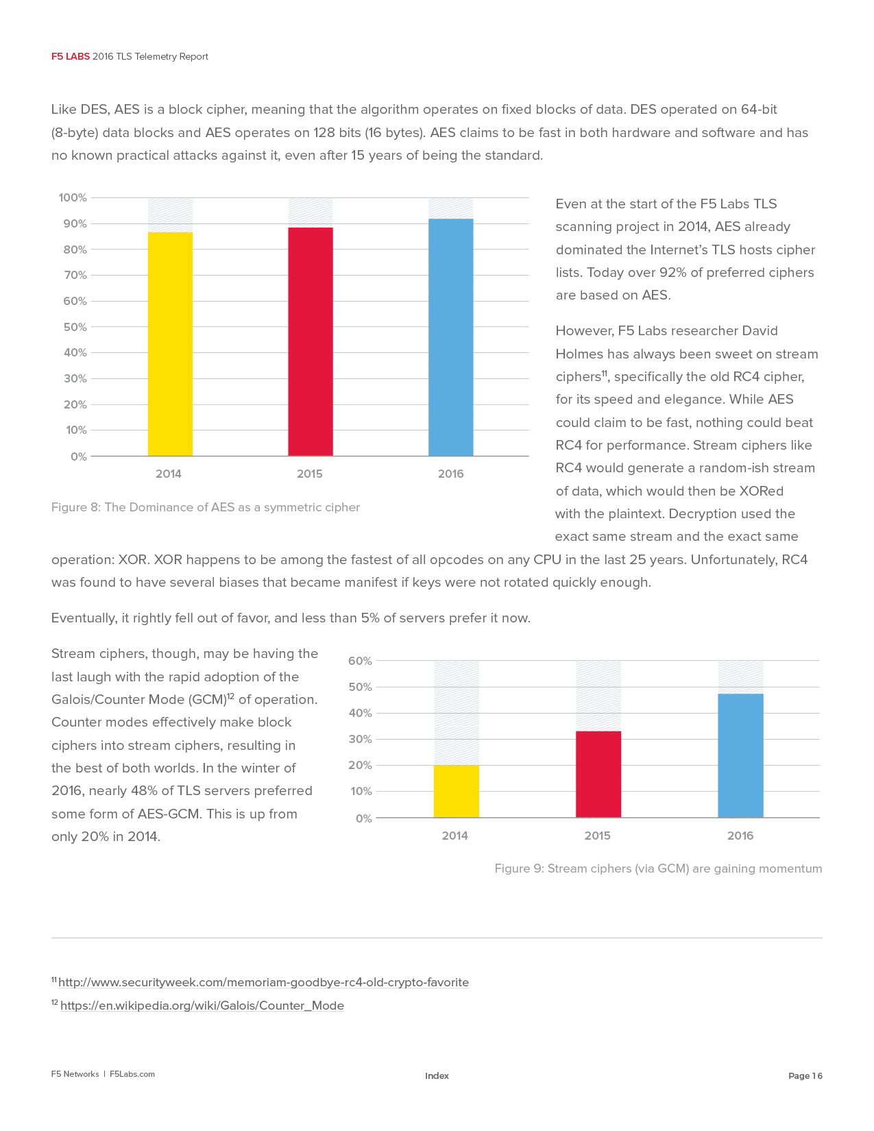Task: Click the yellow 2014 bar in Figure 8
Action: pos(170,344)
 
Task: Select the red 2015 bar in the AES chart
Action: pos(310,341)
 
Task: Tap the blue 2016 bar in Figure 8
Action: pos(450,337)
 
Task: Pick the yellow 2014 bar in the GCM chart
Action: pos(456,791)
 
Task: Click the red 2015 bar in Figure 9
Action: pos(598,774)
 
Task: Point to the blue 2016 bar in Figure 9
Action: pos(740,755)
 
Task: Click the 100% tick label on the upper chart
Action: pos(73,198)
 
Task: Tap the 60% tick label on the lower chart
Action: pos(360,661)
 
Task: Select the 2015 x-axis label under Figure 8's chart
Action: pos(309,474)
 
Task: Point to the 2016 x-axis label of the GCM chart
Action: pos(740,836)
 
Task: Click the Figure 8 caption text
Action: pos(205,507)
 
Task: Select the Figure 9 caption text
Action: pos(658,868)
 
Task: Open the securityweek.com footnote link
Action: pos(263,982)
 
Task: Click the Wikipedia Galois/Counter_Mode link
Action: pos(202,1006)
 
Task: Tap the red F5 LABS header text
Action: pos(71,57)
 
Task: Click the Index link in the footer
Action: pos(437,1075)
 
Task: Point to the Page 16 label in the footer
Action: pos(805,1075)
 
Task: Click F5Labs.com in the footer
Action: pos(132,1074)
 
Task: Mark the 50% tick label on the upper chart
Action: pos(75,327)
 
